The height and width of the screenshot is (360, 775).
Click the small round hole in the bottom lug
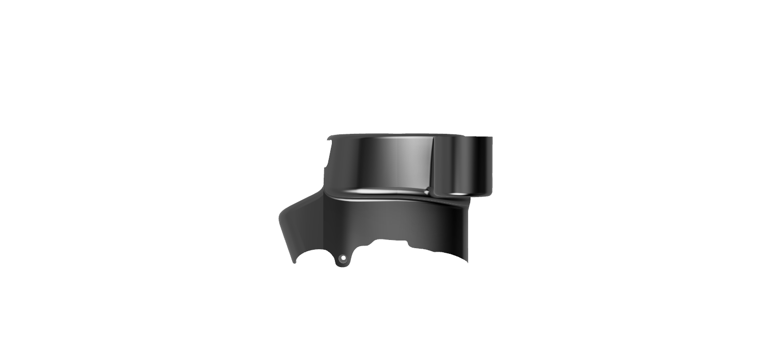point(343,258)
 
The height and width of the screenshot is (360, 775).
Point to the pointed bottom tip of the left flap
point(294,262)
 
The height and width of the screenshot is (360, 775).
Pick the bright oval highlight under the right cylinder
point(458,194)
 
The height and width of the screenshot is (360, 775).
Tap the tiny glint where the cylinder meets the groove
point(427,192)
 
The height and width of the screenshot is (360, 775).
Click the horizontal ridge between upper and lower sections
point(388,197)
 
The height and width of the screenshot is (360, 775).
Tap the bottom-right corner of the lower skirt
point(467,261)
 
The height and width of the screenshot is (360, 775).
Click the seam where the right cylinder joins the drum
point(433,166)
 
